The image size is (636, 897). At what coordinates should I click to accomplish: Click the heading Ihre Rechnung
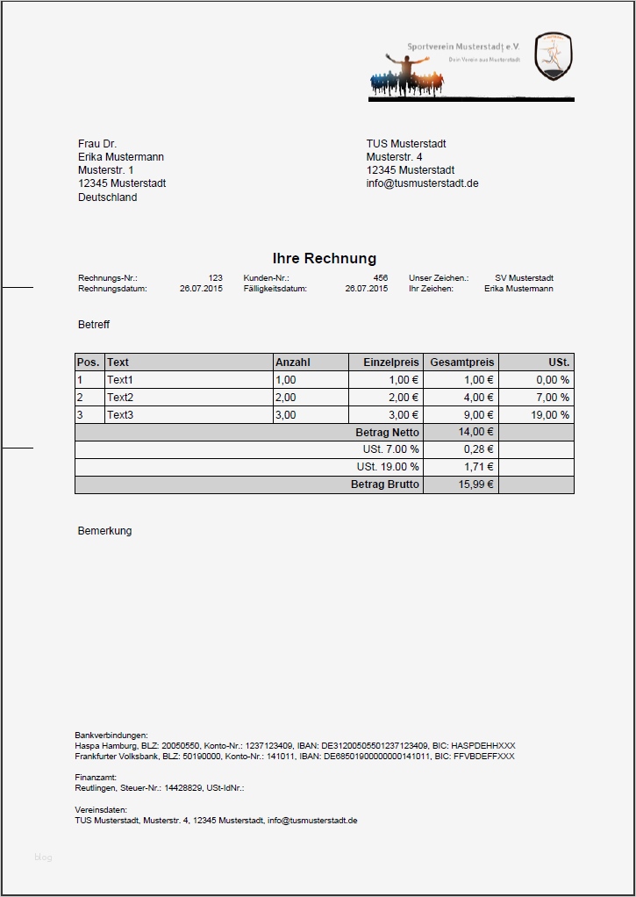324,258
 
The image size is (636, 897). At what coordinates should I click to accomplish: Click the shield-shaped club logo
553,57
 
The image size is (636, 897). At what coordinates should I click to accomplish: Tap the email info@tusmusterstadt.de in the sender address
422,183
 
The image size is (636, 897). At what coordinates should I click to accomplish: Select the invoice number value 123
215,278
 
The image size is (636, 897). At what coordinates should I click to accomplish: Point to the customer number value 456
380,278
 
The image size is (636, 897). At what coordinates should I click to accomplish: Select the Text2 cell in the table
120,398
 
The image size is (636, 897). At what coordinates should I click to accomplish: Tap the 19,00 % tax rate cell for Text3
550,415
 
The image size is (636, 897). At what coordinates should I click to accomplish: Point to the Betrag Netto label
387,433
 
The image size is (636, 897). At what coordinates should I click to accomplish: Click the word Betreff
94,325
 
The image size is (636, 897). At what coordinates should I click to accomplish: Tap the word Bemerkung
104,531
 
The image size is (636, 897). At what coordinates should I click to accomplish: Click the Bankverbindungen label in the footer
111,735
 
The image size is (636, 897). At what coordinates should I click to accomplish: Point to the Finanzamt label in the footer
96,778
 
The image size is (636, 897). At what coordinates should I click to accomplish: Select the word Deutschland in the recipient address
107,197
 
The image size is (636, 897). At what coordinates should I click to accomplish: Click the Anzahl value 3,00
286,415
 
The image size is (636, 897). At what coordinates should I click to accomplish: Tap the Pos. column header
89,362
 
